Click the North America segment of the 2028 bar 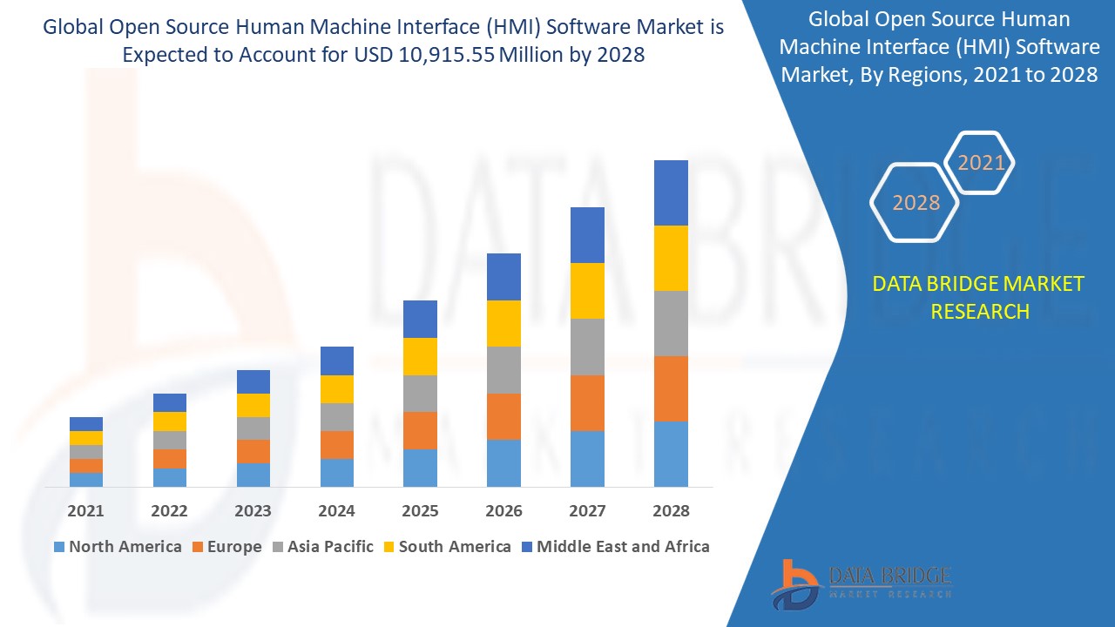click(x=671, y=454)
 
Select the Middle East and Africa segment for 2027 click(x=587, y=235)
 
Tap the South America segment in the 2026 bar click(x=503, y=323)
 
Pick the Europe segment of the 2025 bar click(x=420, y=430)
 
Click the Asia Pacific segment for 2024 click(x=337, y=416)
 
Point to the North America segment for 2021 click(x=86, y=479)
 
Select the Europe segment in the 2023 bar click(x=253, y=451)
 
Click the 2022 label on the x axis click(x=169, y=511)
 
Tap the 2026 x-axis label click(x=503, y=511)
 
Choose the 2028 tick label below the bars click(x=671, y=511)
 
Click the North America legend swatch click(x=59, y=547)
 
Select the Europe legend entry click(x=226, y=547)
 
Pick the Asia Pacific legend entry click(x=321, y=547)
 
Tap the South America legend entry click(x=446, y=547)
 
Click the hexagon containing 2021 click(x=981, y=163)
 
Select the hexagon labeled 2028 click(x=916, y=203)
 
